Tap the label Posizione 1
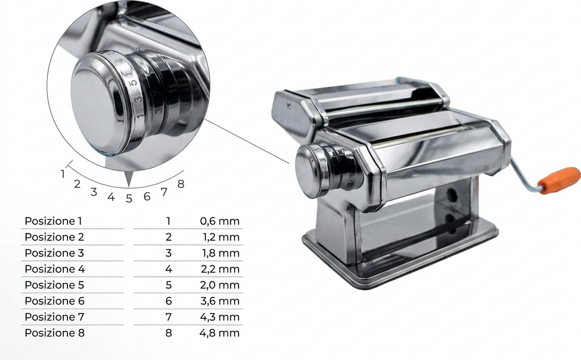(53, 221)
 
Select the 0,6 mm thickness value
(220, 221)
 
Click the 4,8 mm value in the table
(219, 333)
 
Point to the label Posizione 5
(54, 285)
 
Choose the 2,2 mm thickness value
(220, 269)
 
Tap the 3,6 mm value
(220, 301)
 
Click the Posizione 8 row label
(54, 333)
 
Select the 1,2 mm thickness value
(221, 237)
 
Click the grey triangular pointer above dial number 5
(129, 179)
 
